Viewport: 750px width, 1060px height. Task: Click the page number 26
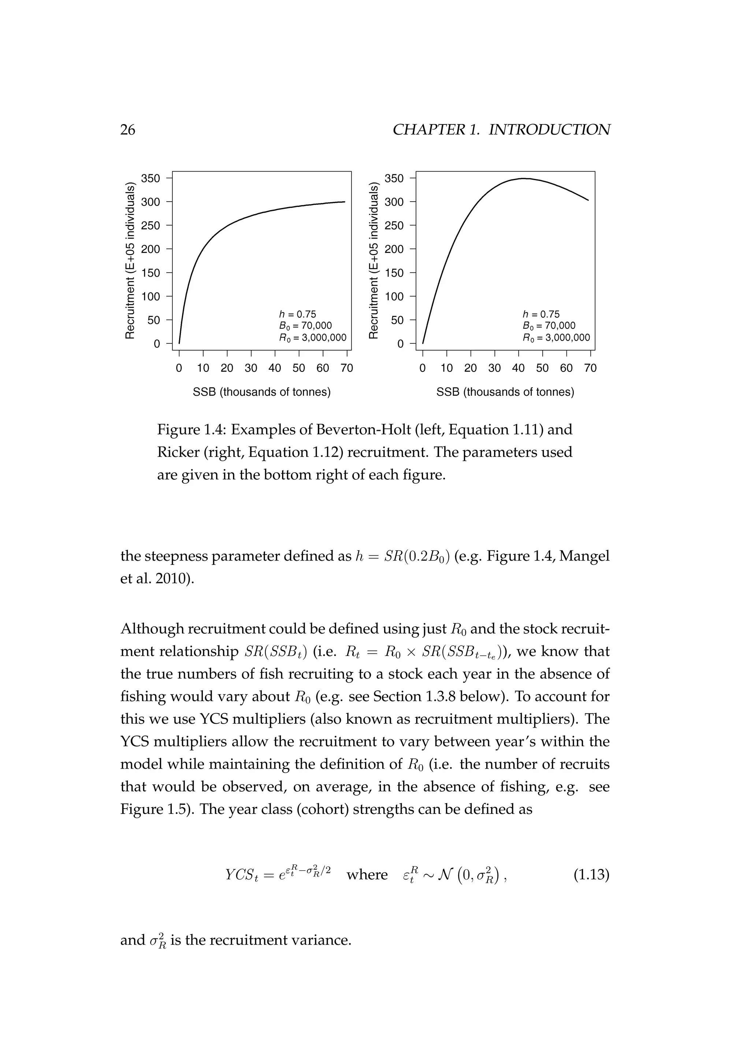128,130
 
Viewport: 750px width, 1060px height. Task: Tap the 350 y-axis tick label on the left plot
151,179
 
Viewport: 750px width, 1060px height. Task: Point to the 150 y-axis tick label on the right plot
394,273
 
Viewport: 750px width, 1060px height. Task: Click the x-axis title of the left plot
261,392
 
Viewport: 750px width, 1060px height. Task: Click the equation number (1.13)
591,874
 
